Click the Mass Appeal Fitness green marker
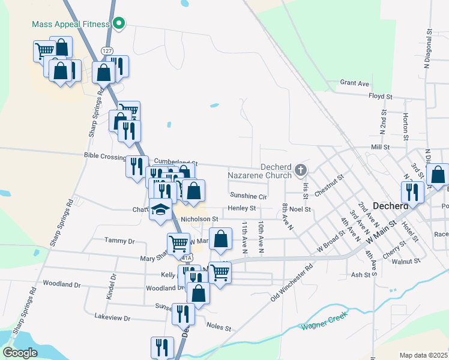[119, 24]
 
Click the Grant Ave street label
[354, 83]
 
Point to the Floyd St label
[380, 96]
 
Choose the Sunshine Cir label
[248, 196]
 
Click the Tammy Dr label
[119, 241]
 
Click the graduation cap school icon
[160, 210]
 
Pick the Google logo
[20, 353]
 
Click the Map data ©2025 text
[423, 355]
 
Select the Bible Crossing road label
[105, 156]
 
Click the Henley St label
[241, 208]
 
